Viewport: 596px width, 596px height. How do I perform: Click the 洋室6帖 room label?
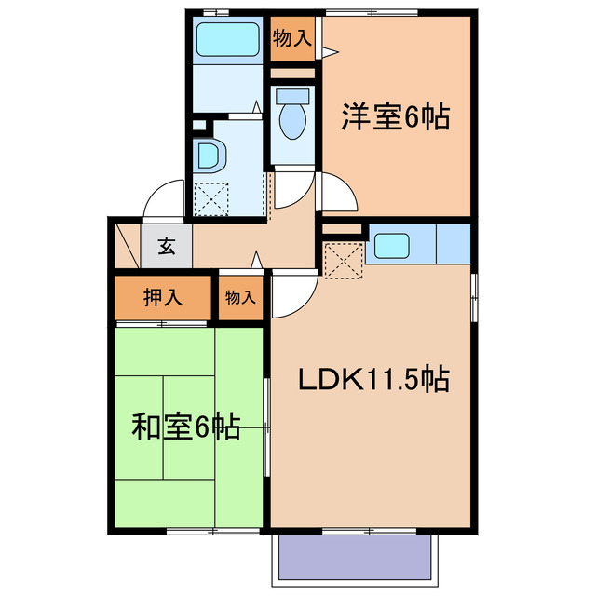(396, 116)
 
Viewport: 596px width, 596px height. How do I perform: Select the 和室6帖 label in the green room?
(186, 427)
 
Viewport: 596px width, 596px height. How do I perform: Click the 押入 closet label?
(162, 298)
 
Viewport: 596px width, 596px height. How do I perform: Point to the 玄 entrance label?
(167, 247)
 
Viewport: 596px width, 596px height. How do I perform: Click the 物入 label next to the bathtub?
(291, 38)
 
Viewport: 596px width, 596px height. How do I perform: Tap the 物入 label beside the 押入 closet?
(240, 298)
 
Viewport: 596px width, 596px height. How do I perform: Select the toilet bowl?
(292, 121)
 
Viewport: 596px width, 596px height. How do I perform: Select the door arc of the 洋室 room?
(337, 193)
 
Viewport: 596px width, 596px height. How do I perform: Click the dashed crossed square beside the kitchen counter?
(344, 260)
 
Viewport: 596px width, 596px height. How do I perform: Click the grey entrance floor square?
(167, 247)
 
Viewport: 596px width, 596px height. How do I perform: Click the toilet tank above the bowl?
(291, 96)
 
